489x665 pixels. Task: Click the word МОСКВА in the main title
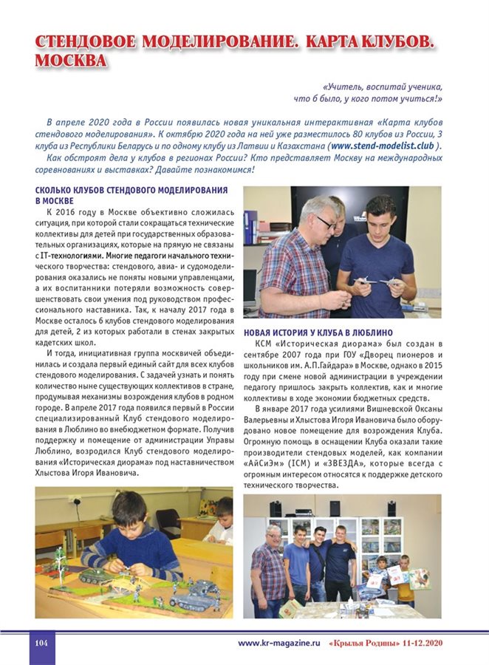[71, 61]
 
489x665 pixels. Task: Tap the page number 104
[41, 643]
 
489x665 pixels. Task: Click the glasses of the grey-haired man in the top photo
[324, 222]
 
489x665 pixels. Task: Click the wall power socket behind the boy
[75, 499]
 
